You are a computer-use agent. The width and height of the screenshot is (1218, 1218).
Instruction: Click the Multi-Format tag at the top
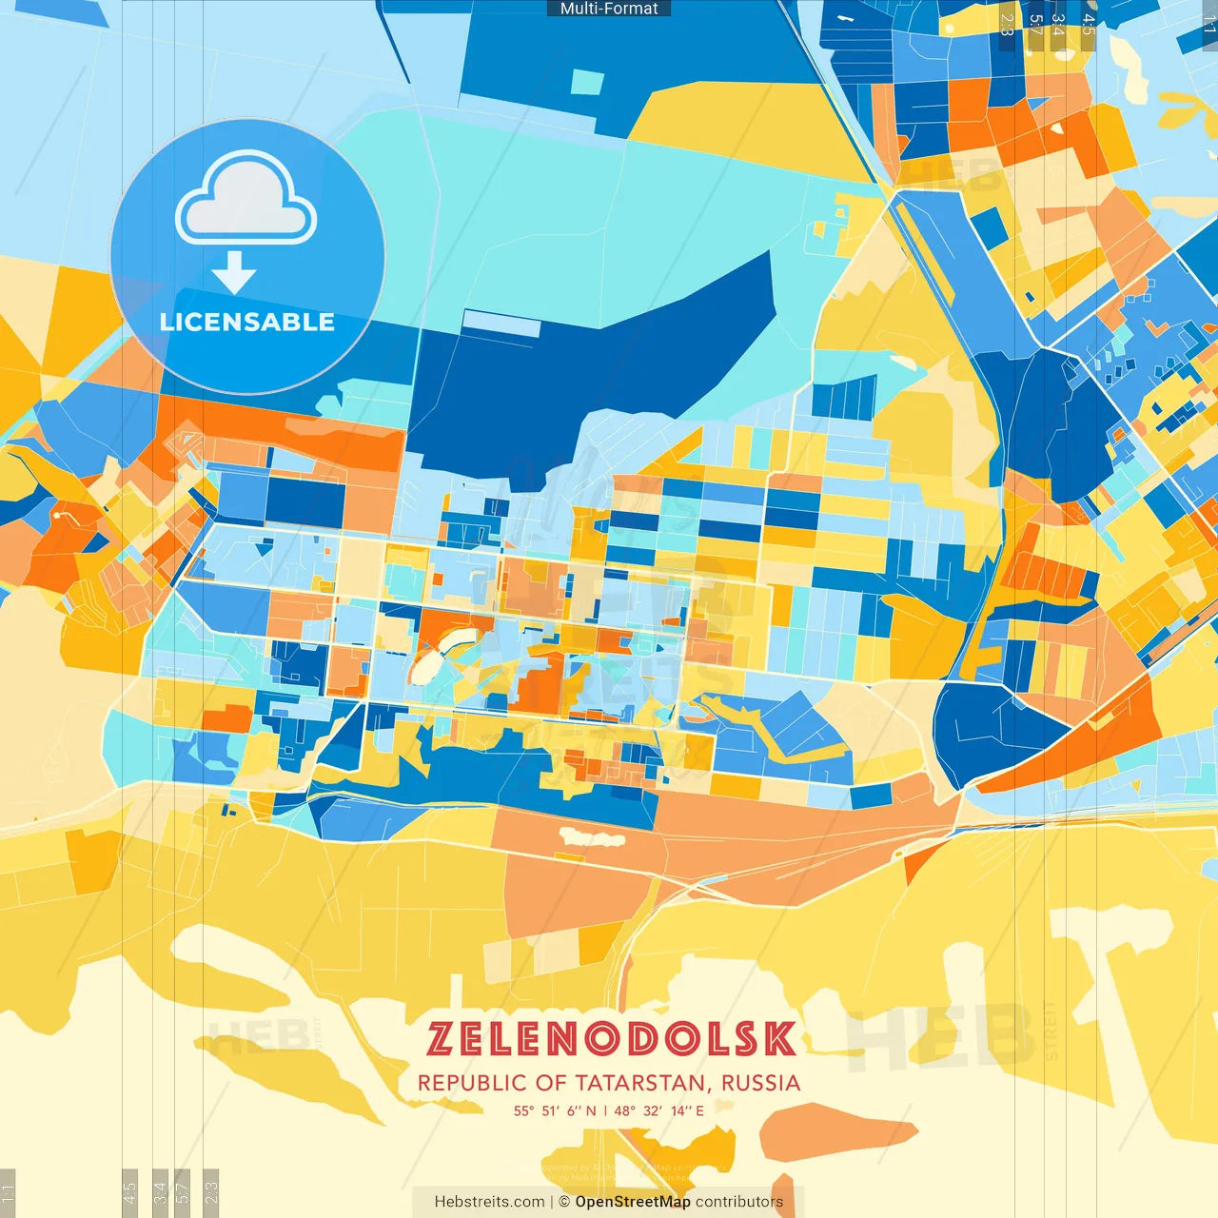(609, 9)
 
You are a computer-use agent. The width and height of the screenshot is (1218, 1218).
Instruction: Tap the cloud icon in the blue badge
(246, 198)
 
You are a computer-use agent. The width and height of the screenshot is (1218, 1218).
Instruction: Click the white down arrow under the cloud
(234, 272)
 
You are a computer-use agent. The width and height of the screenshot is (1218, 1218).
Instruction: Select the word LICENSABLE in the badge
(247, 323)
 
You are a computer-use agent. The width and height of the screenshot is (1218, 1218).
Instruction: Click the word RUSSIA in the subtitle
(760, 1083)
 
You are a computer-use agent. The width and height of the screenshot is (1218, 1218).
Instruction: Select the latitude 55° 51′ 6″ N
(555, 1110)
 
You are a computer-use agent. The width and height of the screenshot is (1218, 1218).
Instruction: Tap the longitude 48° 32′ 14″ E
(659, 1110)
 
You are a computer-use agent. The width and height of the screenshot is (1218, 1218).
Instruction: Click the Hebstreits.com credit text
(490, 1202)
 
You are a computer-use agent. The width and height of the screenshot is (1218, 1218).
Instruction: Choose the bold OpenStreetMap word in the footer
(633, 1202)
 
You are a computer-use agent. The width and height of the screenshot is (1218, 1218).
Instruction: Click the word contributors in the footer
(739, 1202)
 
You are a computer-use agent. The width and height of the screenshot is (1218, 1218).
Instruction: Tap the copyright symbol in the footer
(564, 1202)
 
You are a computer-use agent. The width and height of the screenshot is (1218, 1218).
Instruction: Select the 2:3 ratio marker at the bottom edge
(211, 1191)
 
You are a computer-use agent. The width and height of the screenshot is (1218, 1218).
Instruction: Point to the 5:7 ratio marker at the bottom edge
(183, 1191)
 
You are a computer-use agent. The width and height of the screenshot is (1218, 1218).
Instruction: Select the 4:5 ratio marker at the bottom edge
(129, 1191)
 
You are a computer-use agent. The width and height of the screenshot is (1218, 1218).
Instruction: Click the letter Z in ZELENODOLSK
(440, 1039)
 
